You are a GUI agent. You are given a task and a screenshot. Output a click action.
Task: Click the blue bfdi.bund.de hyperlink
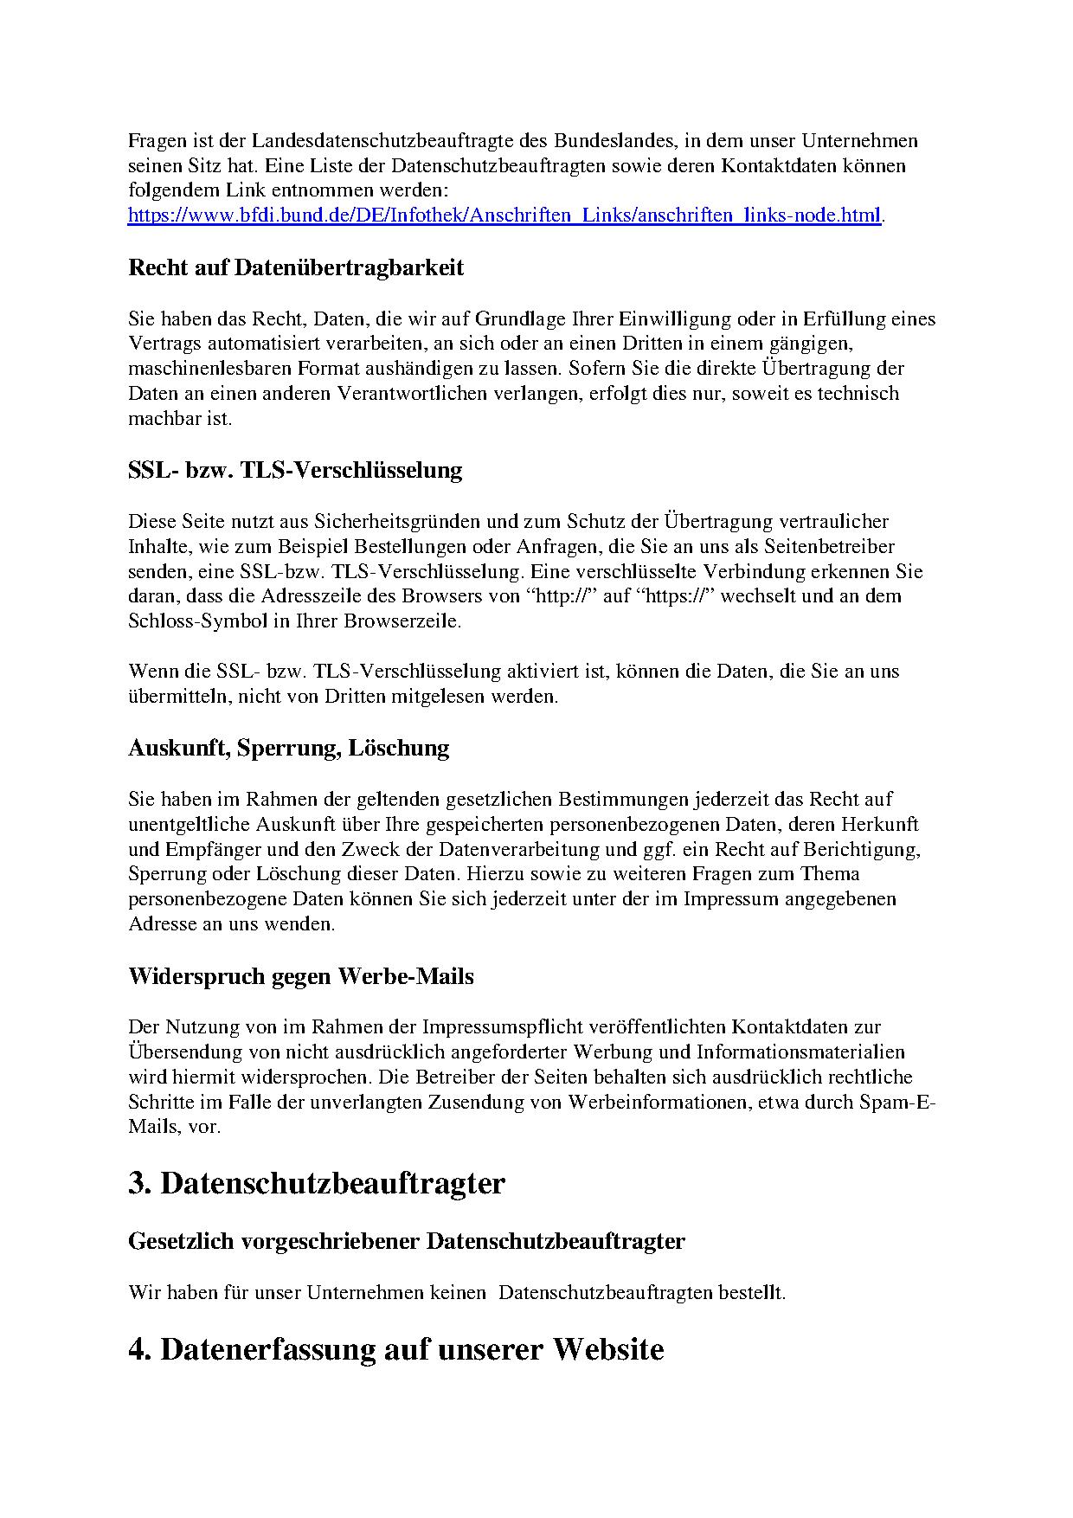pos(504,215)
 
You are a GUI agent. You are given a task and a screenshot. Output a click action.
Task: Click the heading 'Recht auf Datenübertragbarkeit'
pos(296,267)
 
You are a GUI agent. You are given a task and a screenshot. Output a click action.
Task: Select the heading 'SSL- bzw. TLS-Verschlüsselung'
pos(295,470)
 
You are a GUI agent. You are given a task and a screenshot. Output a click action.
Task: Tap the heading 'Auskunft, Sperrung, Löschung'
pos(289,748)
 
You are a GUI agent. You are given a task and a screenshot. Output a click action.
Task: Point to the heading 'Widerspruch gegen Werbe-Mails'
pos(301,976)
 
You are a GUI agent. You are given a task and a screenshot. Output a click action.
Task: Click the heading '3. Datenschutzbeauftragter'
pos(317,1183)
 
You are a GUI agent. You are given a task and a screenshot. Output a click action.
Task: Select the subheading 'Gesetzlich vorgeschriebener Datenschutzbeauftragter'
pos(407,1241)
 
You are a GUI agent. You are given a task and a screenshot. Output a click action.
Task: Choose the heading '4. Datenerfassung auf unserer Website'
pos(396,1349)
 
